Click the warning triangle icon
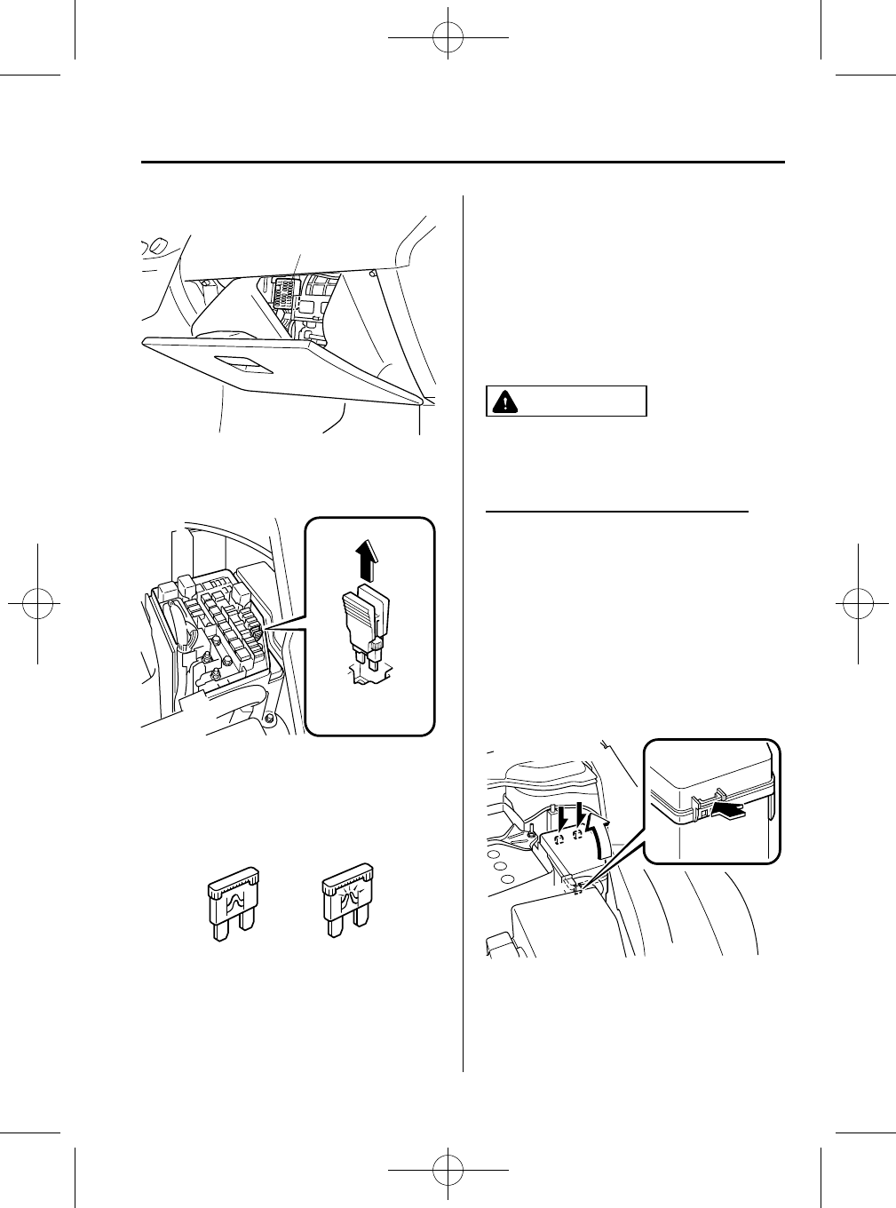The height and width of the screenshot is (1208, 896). coord(504,401)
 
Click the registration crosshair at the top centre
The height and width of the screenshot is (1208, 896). coord(448,39)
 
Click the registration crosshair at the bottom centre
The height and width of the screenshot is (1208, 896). coord(448,1170)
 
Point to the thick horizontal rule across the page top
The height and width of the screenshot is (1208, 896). coord(463,163)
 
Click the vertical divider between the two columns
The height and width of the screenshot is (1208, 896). coord(464,622)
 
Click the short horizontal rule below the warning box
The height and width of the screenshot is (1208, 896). coord(619,512)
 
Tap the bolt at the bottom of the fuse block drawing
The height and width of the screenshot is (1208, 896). coord(267,717)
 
